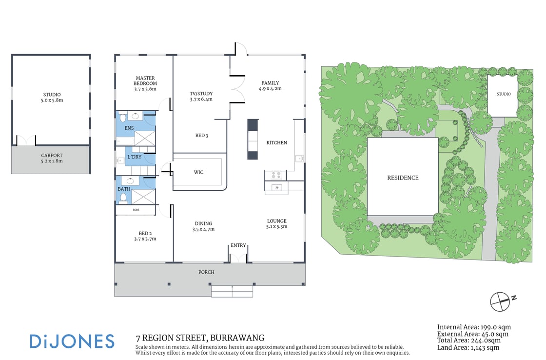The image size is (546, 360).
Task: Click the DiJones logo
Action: pos(72,341)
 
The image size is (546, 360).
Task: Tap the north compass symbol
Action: pos(501,301)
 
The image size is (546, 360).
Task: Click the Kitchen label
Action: pos(276,142)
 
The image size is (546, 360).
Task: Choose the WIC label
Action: pos(198,172)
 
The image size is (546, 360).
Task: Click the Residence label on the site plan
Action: pos(403,178)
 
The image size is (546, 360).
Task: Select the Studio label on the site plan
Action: pos(504,94)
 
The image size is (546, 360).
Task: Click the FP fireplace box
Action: pos(277,187)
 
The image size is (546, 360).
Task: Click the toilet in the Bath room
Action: pos(123,198)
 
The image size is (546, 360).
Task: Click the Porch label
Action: pos(207,272)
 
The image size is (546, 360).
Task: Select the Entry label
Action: pos(238,245)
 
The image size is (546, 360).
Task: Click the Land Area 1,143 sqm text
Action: pos(468,347)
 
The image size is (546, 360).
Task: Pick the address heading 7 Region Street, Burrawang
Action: pos(200,338)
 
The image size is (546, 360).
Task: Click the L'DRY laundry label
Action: pos(135,158)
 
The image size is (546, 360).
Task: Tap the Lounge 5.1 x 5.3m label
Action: pos(276,223)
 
